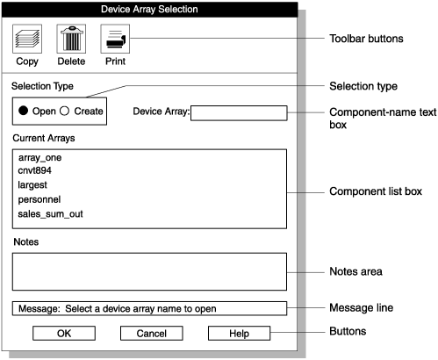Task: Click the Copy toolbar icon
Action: [x=27, y=40]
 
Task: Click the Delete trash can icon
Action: [x=70, y=40]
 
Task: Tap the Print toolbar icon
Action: [x=116, y=40]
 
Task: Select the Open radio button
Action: [x=24, y=111]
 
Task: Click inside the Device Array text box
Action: [x=239, y=112]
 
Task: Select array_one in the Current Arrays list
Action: [x=39, y=157]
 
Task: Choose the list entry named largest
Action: [x=32, y=185]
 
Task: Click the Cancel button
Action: [x=151, y=333]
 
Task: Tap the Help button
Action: [x=239, y=333]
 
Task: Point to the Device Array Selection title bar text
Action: [x=151, y=10]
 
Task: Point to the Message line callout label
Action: [x=360, y=308]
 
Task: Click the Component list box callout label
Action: [x=374, y=191]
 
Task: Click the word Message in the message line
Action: [x=39, y=308]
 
